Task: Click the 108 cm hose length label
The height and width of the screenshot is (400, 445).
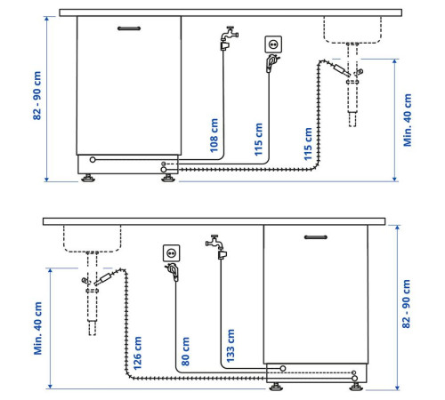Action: (x=214, y=135)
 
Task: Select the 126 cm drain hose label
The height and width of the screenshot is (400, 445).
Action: (x=137, y=353)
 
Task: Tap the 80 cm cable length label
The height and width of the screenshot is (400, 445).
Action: (x=185, y=351)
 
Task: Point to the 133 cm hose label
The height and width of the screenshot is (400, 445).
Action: (x=231, y=346)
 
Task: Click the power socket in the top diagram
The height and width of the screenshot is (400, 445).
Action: (x=273, y=44)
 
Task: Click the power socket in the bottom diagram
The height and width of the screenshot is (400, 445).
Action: (x=172, y=253)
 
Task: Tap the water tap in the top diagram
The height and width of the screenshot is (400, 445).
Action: (x=229, y=38)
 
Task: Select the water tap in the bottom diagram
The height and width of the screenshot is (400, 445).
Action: (x=216, y=247)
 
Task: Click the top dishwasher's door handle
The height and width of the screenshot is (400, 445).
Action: (x=129, y=28)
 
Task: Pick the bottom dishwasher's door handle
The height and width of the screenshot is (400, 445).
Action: (x=316, y=237)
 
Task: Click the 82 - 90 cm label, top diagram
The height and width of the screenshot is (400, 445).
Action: (x=36, y=95)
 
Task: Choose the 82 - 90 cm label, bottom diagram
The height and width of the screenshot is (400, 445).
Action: (x=406, y=304)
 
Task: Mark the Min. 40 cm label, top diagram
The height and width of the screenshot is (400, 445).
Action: (x=408, y=120)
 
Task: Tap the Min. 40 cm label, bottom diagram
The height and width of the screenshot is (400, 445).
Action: (x=37, y=328)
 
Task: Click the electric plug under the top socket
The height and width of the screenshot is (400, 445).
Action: (x=272, y=63)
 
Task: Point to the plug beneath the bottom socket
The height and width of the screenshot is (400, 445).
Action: (x=173, y=272)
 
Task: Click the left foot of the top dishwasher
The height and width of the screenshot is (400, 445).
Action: (x=88, y=178)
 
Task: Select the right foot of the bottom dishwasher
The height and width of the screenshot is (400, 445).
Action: (x=356, y=387)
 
